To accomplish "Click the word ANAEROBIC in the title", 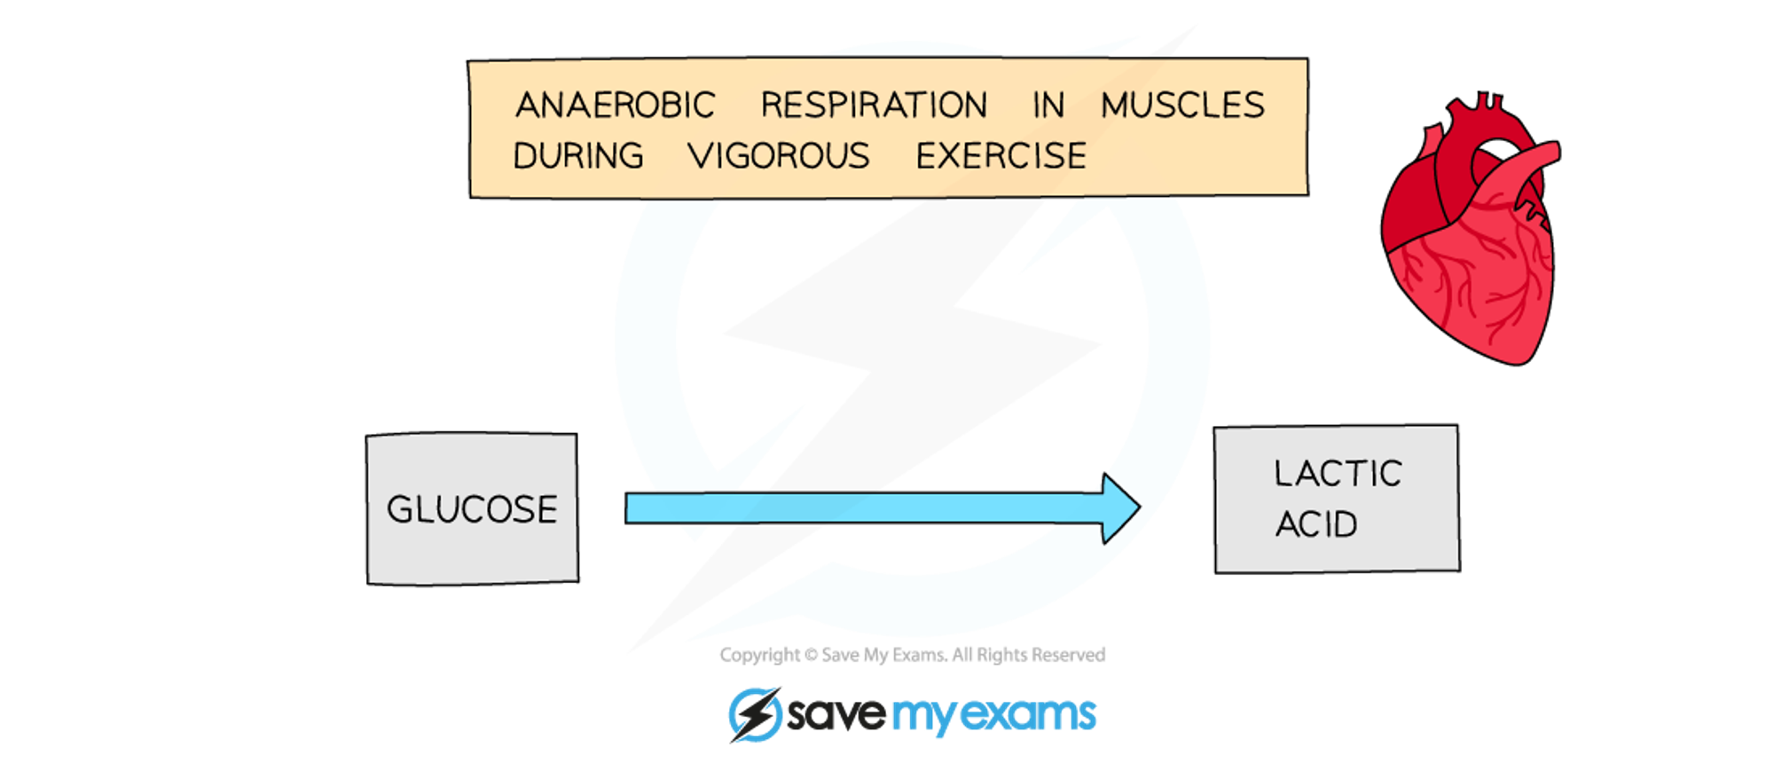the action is coord(616,105).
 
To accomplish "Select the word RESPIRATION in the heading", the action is coord(874,105).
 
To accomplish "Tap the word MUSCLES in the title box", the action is coord(1182,105).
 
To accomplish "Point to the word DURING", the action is coord(578,156).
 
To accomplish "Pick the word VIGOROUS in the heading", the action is coord(779,156).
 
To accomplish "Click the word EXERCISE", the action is coord(1001,156).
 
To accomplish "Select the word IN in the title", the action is coord(1048,105).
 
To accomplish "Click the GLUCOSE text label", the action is coord(472,509).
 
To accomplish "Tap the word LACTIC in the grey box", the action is coord(1338,474).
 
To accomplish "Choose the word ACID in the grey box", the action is coord(1316,524).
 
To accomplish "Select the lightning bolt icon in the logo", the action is coord(755,714).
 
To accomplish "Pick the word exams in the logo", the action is coord(1029,714).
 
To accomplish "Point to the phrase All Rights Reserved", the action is coord(1028,655).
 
